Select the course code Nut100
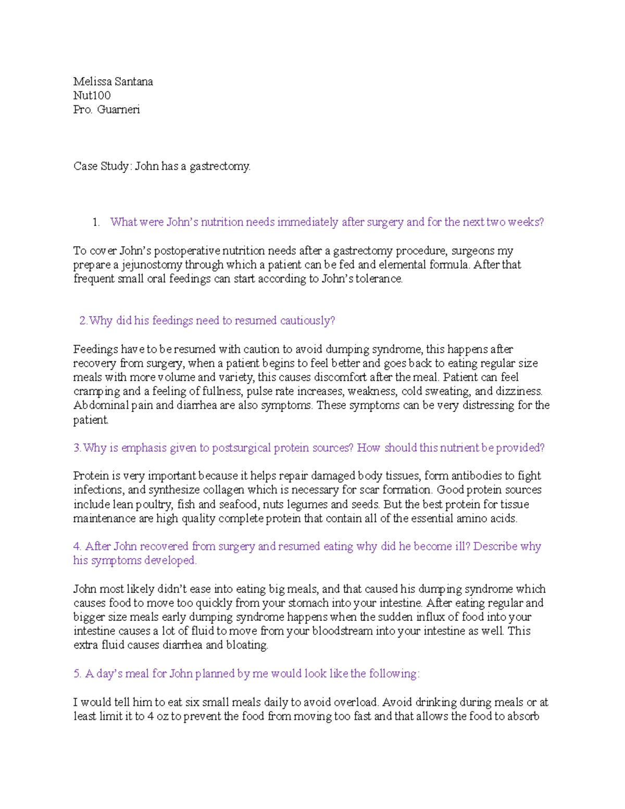tap(92, 96)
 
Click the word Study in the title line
tap(115, 167)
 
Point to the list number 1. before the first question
tap(96, 222)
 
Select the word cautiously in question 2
tap(307, 321)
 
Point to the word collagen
tap(223, 490)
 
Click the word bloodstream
tap(343, 631)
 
